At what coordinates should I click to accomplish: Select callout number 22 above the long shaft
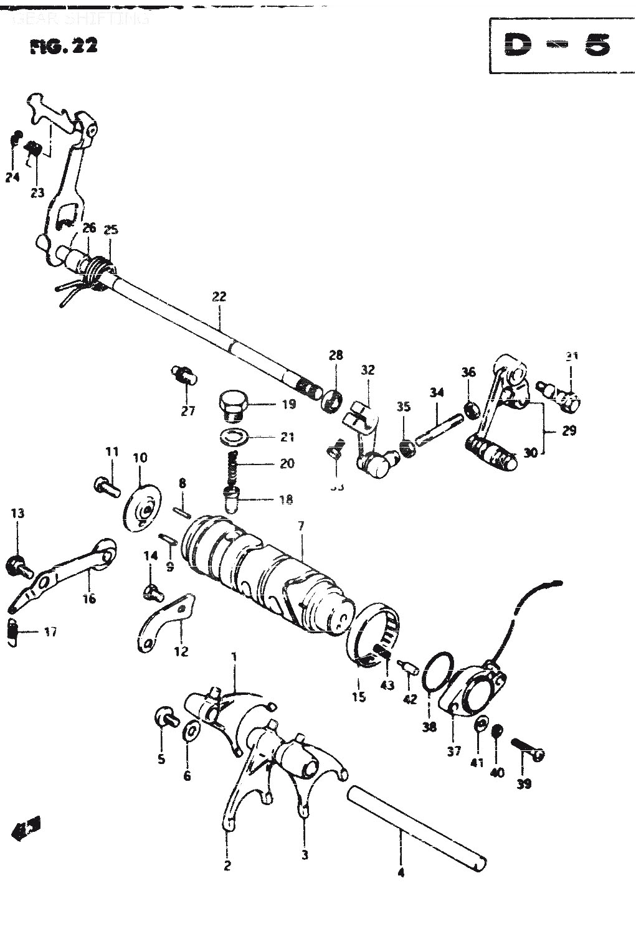tap(219, 296)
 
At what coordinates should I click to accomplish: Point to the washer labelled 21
tap(234, 436)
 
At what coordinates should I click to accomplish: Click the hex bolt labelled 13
tap(16, 565)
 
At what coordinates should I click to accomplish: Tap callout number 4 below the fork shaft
tap(401, 872)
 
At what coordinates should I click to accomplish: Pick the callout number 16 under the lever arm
tap(89, 599)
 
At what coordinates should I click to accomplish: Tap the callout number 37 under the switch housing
tap(454, 751)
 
